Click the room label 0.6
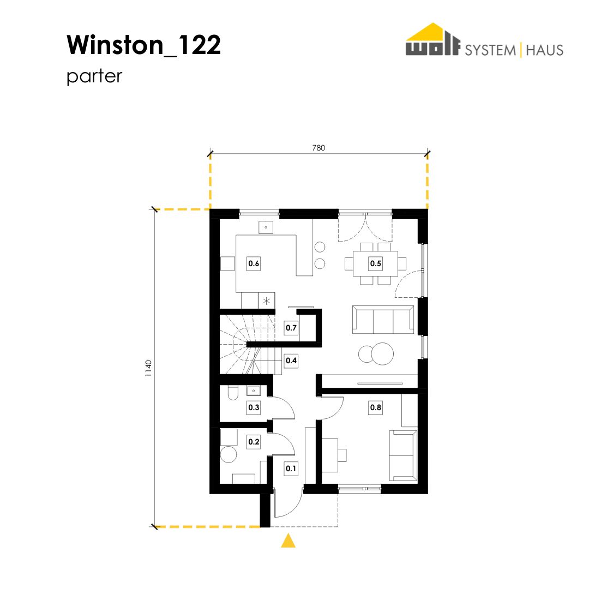[254, 263]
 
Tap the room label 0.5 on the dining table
[376, 263]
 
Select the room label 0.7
[291, 328]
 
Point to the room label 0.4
[291, 360]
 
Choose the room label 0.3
[254, 407]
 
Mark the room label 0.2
[254, 442]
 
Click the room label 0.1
[291, 468]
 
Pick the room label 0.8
[376, 407]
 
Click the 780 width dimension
[318, 148]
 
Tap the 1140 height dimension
[149, 369]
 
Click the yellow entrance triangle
[288, 540]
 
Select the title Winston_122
[143, 45]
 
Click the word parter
[94, 77]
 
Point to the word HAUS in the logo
[545, 50]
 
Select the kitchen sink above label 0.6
[266, 227]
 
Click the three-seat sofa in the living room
[383, 320]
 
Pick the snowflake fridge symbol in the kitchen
[266, 301]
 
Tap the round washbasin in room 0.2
[229, 454]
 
